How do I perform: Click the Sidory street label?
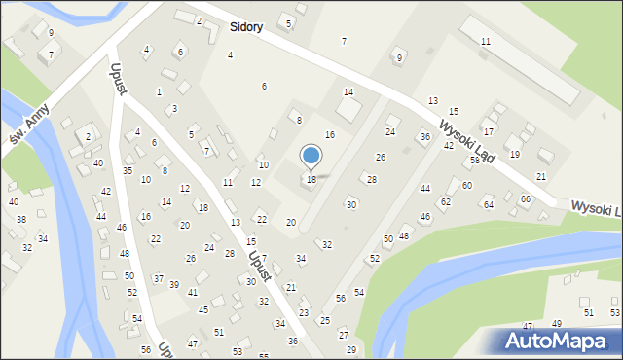tap(246, 27)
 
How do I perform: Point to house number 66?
tap(526, 198)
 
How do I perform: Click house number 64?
tap(489, 204)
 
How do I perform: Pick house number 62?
tap(446, 201)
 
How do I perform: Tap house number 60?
tap(467, 185)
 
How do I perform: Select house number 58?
tap(475, 160)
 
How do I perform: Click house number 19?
tap(515, 154)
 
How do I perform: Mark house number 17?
tap(489, 131)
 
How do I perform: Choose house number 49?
tap(557, 324)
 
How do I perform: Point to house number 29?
tap(351, 349)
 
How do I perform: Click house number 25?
tap(325, 320)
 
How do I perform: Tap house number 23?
tap(304, 312)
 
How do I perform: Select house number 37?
tap(158, 278)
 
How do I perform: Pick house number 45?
tap(203, 309)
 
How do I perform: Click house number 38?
tap(21, 219)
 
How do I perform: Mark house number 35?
tap(128, 170)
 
